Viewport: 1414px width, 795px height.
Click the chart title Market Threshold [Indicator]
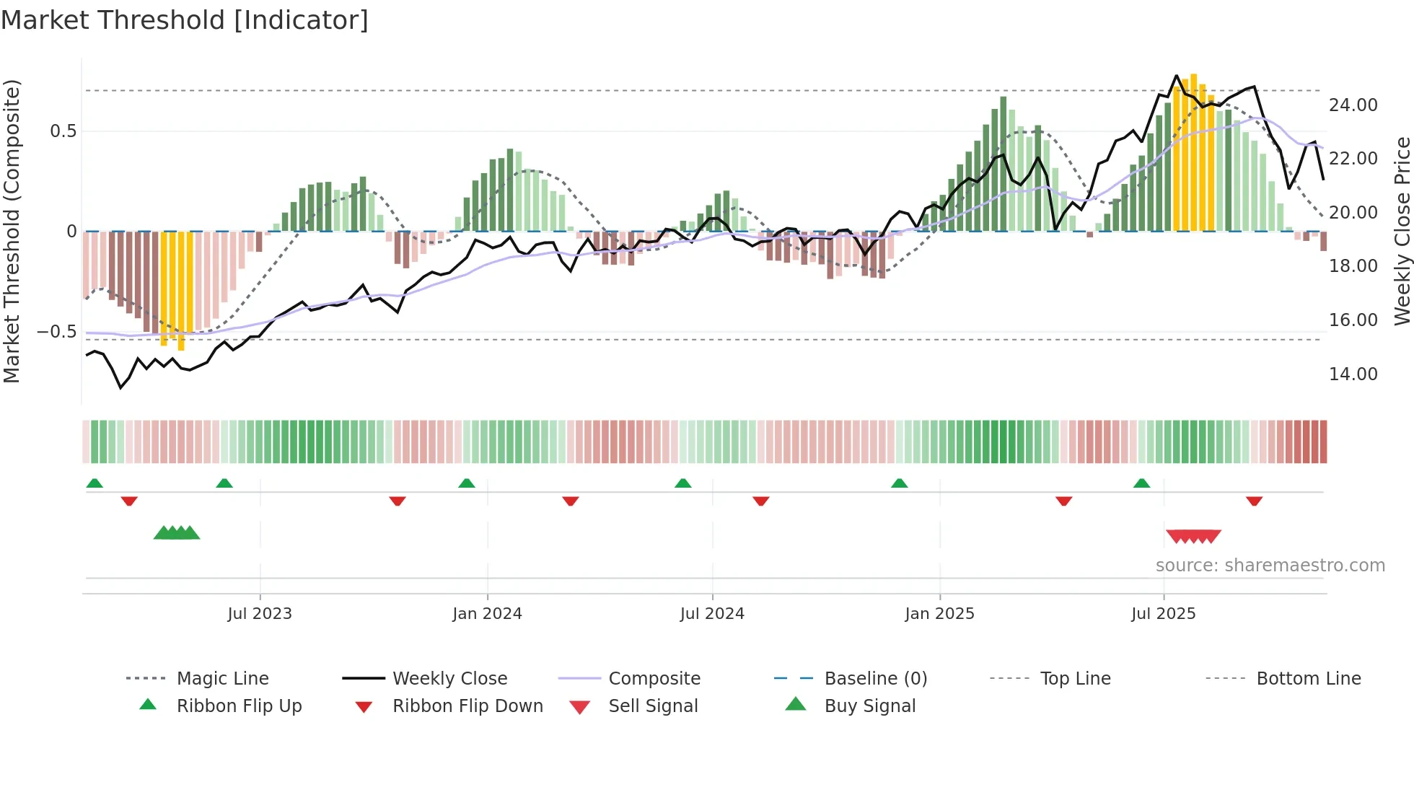pos(185,20)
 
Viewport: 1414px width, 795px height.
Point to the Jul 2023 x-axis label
pos(260,614)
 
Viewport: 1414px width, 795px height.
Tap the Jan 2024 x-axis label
pos(487,614)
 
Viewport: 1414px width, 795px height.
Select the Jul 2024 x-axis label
pos(712,614)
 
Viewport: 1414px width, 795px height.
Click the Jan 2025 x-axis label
pos(939,614)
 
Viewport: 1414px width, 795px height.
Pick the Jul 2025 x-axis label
pos(1163,614)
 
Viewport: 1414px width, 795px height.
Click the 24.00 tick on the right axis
pos(1353,105)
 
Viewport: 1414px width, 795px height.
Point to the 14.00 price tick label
pos(1353,374)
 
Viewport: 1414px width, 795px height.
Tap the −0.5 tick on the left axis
pos(56,332)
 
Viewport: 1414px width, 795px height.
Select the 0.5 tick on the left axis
pos(63,131)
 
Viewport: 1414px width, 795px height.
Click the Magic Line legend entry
pos(222,679)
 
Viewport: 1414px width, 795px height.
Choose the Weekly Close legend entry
pos(449,679)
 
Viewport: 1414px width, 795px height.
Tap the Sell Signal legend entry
pos(653,706)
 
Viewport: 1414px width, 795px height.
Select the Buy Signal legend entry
pos(869,706)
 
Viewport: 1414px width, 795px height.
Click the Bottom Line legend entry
pos(1308,679)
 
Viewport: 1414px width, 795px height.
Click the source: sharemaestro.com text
pos(1270,566)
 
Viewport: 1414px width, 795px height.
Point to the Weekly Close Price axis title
pos(1402,231)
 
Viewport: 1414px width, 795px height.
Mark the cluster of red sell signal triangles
pos(1193,536)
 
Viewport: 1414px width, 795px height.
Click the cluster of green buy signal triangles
pos(177,533)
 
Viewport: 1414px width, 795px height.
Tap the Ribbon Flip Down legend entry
pos(467,706)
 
